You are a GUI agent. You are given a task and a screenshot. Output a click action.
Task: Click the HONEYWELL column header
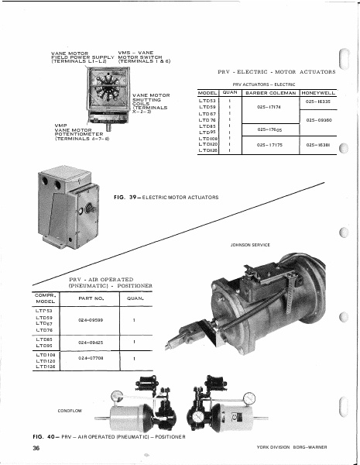318,93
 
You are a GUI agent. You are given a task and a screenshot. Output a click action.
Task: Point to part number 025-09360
318,121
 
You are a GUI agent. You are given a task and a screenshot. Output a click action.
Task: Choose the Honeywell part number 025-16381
318,144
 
